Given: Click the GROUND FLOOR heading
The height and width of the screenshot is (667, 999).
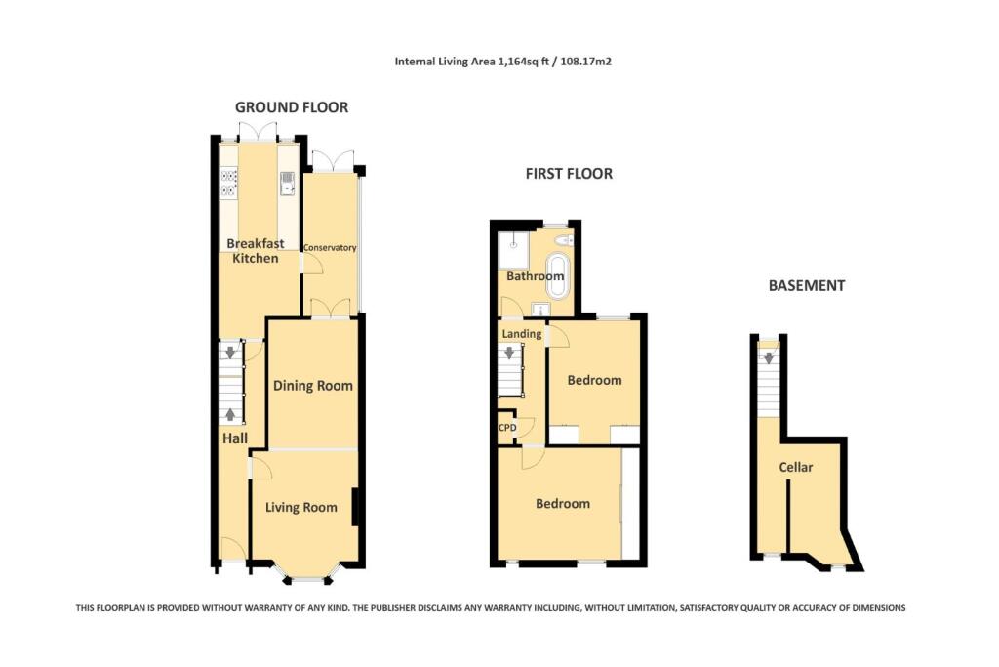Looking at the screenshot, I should tap(292, 107).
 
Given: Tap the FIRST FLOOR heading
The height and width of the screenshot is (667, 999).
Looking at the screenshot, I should tap(569, 174).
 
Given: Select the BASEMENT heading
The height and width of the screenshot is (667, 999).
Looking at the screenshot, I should tap(806, 286).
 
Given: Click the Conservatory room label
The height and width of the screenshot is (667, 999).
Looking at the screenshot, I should tap(330, 248).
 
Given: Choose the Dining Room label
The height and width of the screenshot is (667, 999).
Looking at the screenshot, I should tap(312, 386).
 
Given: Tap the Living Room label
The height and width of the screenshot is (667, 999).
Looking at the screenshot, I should tap(301, 507).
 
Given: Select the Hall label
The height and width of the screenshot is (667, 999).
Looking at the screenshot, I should tap(233, 440).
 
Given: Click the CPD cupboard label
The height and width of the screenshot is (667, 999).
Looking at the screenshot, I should tap(507, 428).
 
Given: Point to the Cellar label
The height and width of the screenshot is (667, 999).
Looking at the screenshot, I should tap(795, 468).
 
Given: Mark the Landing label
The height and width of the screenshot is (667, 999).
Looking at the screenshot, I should tap(522, 334).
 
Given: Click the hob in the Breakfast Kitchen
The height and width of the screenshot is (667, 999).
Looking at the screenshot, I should tap(230, 184).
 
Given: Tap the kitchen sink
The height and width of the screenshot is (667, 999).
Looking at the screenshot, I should tap(288, 183).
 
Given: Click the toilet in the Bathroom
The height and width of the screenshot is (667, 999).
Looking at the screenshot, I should tap(563, 239).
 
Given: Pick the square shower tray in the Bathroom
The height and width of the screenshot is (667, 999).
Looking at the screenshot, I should tap(513, 249).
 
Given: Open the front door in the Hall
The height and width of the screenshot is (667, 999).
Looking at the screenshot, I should tap(232, 552).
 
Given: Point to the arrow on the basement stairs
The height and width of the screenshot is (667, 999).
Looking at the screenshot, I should tap(769, 357).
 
